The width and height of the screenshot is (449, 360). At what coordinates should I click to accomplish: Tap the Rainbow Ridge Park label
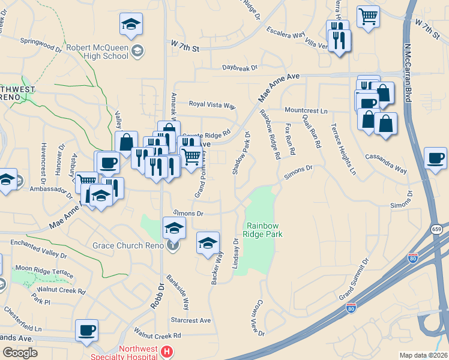click(264, 229)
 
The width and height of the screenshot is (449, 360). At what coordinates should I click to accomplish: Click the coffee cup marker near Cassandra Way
click(435, 158)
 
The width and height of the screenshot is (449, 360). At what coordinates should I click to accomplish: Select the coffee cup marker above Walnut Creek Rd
click(86, 330)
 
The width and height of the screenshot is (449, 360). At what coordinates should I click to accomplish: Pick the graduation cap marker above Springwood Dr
click(131, 24)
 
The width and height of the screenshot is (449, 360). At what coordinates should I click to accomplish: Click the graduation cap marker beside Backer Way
click(208, 243)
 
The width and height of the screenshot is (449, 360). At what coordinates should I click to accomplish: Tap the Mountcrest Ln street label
click(306, 111)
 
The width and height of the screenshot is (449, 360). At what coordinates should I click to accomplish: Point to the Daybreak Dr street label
click(240, 68)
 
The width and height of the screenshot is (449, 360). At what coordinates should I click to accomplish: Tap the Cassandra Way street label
click(386, 163)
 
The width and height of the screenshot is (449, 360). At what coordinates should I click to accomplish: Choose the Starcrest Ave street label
click(191, 320)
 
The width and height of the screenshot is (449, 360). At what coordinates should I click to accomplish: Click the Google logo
click(20, 352)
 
